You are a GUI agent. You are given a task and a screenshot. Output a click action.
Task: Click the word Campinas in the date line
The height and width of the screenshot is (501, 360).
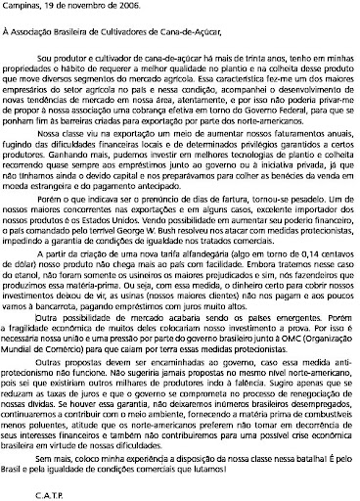click(17, 6)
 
